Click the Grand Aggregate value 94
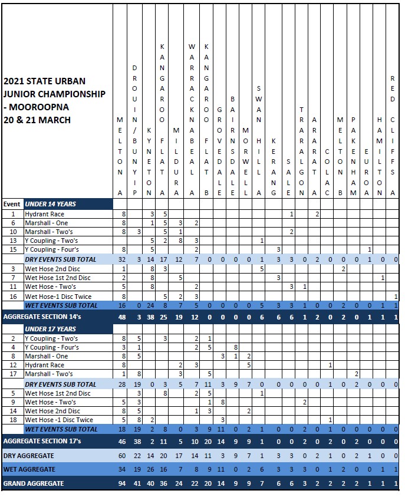(122, 483)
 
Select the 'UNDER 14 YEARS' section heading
(50, 204)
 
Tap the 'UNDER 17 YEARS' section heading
(50, 329)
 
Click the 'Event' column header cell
(12, 204)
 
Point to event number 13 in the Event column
(12, 241)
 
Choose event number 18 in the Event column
(12, 420)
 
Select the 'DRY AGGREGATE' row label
(29, 456)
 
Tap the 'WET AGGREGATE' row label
(29, 469)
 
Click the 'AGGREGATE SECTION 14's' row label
(42, 317)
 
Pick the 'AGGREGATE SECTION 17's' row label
(42, 441)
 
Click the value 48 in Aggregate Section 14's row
(122, 317)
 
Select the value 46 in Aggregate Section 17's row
(122, 441)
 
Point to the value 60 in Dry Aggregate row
(122, 456)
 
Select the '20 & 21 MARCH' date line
(37, 120)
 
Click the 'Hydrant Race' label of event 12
(44, 365)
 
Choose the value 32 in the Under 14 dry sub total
(122, 259)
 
